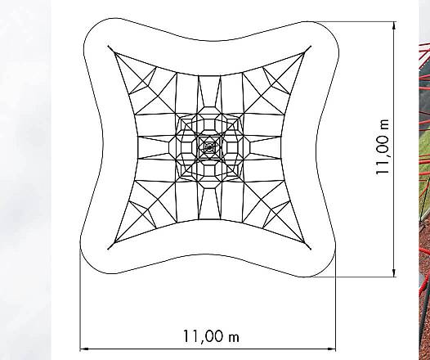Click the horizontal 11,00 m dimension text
[211, 336]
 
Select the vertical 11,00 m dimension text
[383, 148]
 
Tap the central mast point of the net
[209, 148]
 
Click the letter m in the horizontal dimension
[235, 337]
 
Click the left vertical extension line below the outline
[80, 303]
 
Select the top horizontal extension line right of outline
[360, 22]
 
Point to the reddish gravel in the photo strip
[425, 270]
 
